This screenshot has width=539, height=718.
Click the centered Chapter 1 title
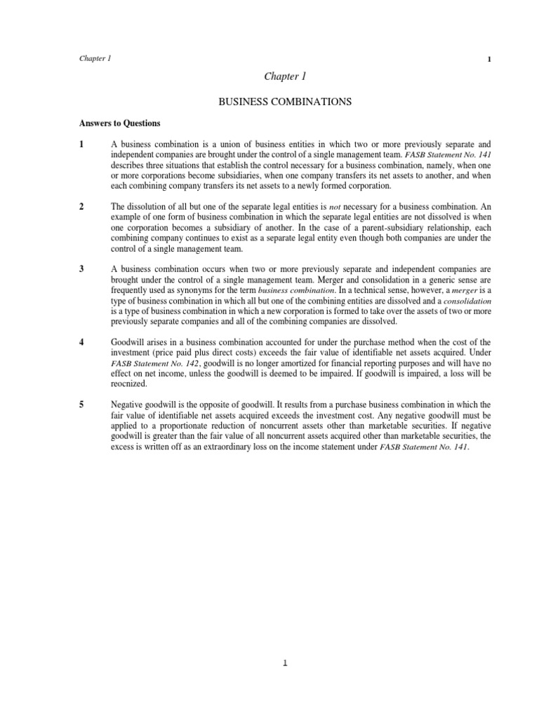click(284, 76)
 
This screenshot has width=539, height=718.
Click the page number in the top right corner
click(489, 59)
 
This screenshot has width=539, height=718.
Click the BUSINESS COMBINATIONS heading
click(285, 102)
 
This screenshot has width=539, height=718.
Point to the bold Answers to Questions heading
click(119, 123)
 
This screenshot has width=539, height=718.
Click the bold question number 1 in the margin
click(81, 144)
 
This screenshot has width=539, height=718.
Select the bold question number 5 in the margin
click(81, 405)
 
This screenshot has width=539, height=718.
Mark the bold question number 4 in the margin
click(81, 342)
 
